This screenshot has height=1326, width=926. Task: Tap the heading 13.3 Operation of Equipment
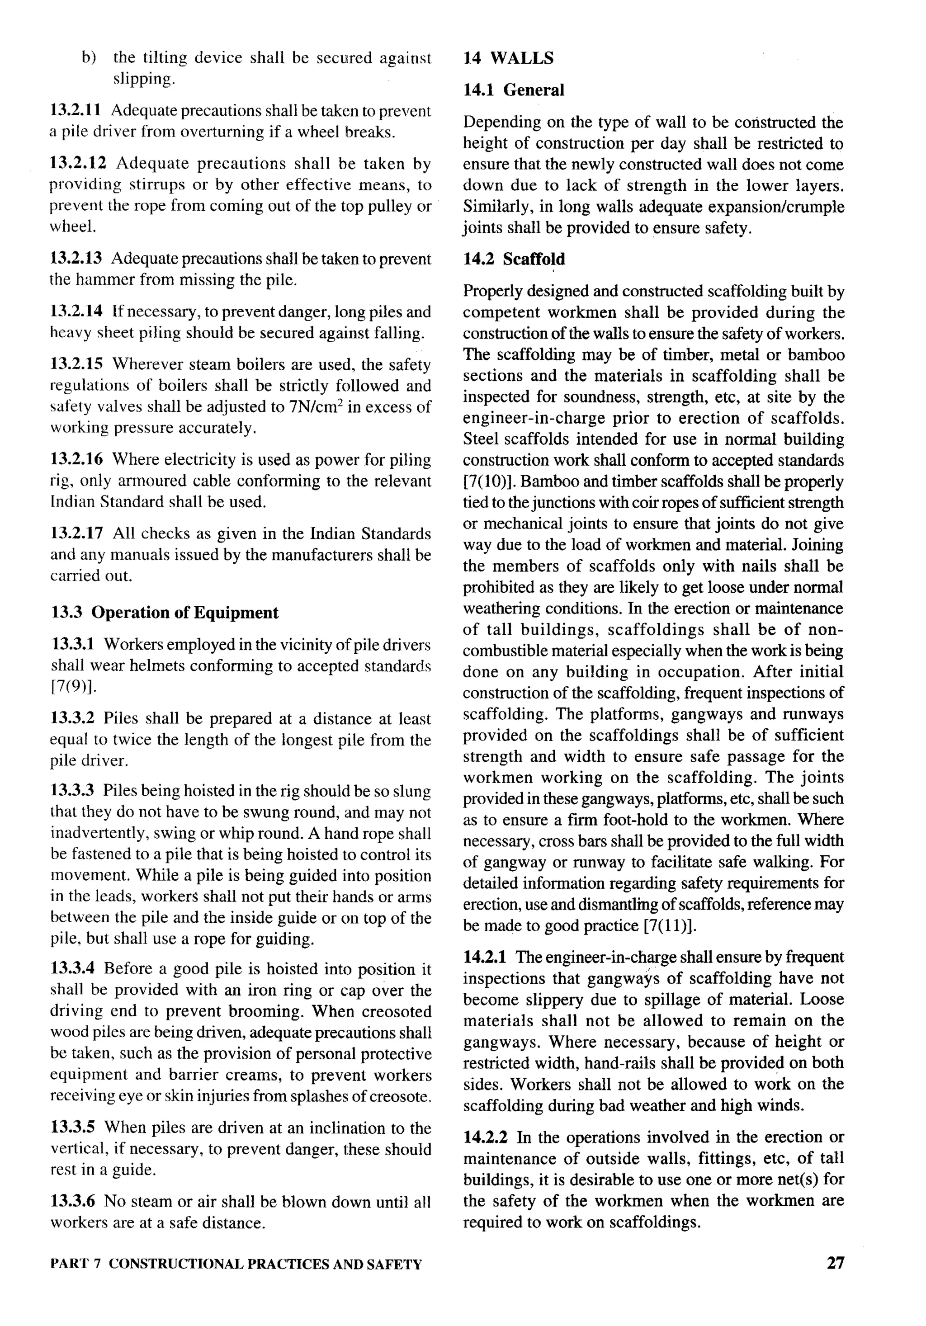[x=165, y=612]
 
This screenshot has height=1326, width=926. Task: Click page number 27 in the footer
[x=835, y=1263]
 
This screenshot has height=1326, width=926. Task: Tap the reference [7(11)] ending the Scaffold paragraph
[x=670, y=926]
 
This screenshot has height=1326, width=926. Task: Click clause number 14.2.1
[x=485, y=957]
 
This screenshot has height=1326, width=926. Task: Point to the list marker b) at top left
[x=88, y=58]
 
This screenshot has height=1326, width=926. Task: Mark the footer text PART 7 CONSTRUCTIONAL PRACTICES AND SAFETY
[x=236, y=1264]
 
